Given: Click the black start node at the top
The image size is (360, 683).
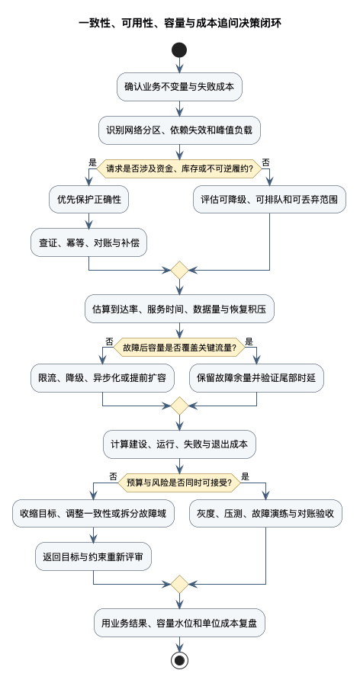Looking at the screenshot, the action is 179,50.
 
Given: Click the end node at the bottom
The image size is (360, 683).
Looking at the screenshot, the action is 179,660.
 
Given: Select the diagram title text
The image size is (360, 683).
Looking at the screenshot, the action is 179,23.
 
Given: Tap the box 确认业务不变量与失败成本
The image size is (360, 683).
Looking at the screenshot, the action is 179,87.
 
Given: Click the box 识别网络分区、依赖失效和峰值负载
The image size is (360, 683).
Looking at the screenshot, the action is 179,130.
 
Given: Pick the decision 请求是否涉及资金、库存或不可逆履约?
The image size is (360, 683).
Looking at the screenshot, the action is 179,168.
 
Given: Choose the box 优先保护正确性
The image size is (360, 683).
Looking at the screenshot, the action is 89,200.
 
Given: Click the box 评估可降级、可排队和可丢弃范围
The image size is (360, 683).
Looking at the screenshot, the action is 269,200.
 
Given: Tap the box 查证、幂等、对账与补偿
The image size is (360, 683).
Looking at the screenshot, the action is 89,242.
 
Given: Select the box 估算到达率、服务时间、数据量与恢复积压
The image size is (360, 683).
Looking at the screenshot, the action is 179,309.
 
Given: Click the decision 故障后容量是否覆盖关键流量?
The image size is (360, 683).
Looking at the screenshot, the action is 179,347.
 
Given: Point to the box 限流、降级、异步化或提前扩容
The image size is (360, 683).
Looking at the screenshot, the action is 102,378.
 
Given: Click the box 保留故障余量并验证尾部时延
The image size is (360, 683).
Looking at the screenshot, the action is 256,378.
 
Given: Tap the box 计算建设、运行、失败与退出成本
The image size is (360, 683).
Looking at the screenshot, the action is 179,444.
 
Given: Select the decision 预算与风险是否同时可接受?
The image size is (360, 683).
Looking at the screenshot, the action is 179,483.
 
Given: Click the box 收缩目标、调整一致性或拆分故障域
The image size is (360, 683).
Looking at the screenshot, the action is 93,514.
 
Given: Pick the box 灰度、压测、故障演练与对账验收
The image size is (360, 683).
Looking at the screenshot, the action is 265,514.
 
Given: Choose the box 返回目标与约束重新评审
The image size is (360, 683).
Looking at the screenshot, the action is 93,556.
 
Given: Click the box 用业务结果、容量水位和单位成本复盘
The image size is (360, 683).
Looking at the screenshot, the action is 179,623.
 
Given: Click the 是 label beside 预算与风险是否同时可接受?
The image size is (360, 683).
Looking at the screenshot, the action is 246,476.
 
